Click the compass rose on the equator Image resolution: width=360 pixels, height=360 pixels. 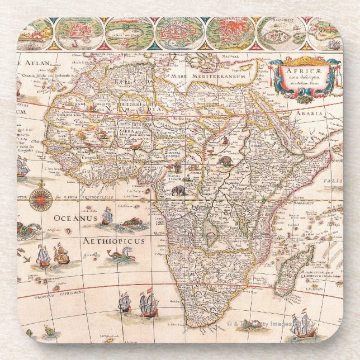[41, 198]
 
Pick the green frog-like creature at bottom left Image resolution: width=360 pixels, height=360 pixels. [50, 332]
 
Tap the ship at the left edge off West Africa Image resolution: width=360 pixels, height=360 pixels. [22, 166]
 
